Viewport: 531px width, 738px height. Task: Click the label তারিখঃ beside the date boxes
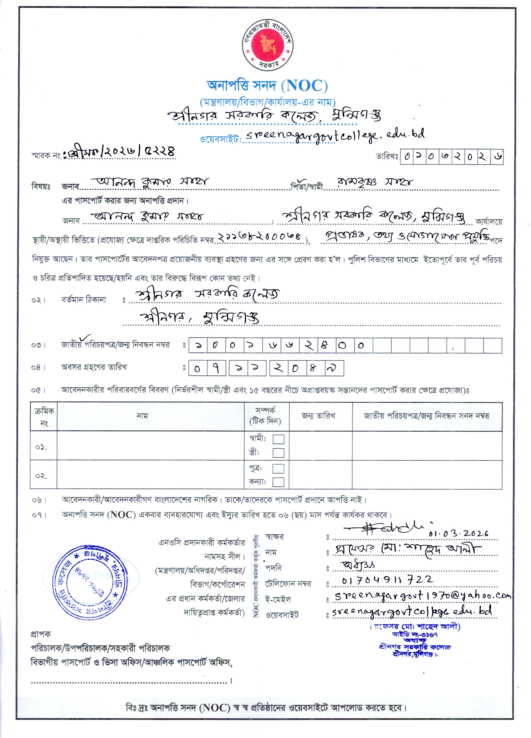click(x=387, y=157)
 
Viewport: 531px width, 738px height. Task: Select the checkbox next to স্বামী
click(x=278, y=439)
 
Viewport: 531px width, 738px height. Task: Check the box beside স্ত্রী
click(x=278, y=453)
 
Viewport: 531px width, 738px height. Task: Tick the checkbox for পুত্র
click(x=278, y=469)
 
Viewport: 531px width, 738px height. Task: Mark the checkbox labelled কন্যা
click(x=278, y=482)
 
